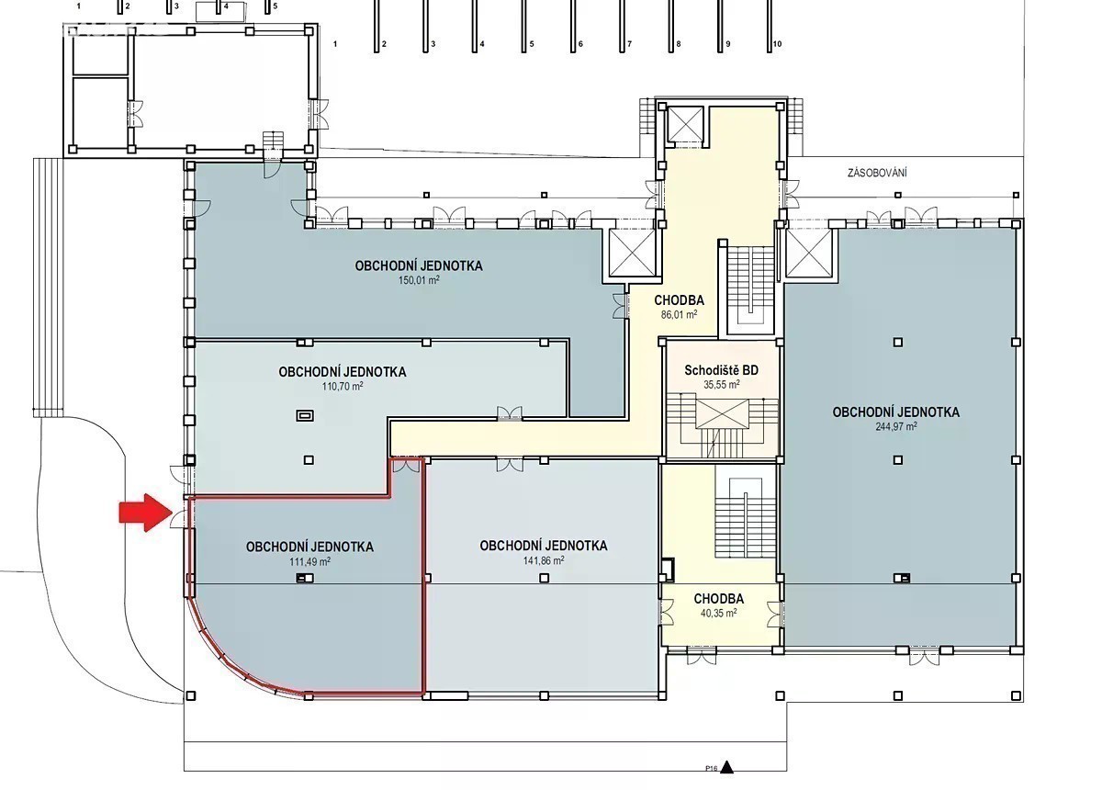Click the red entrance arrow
pyautogui.click(x=146, y=513)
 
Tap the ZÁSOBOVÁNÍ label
pyautogui.click(x=877, y=173)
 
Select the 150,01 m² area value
pyautogui.click(x=419, y=280)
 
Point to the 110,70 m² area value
pyautogui.click(x=343, y=387)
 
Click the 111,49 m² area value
pyautogui.click(x=310, y=561)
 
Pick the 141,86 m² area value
pyautogui.click(x=544, y=560)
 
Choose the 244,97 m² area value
pyautogui.click(x=896, y=426)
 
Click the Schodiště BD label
pyautogui.click(x=721, y=370)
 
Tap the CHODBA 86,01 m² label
pyautogui.click(x=679, y=307)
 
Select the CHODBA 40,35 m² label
pyautogui.click(x=719, y=605)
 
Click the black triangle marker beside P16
pyautogui.click(x=726, y=767)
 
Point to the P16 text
pyautogui.click(x=712, y=768)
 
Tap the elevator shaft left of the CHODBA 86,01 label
pyautogui.click(x=632, y=253)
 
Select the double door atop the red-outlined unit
pyautogui.click(x=406, y=466)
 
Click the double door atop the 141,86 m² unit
pyautogui.click(x=510, y=465)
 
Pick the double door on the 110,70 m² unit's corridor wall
pyautogui.click(x=510, y=413)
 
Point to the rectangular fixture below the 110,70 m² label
pyautogui.click(x=305, y=416)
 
